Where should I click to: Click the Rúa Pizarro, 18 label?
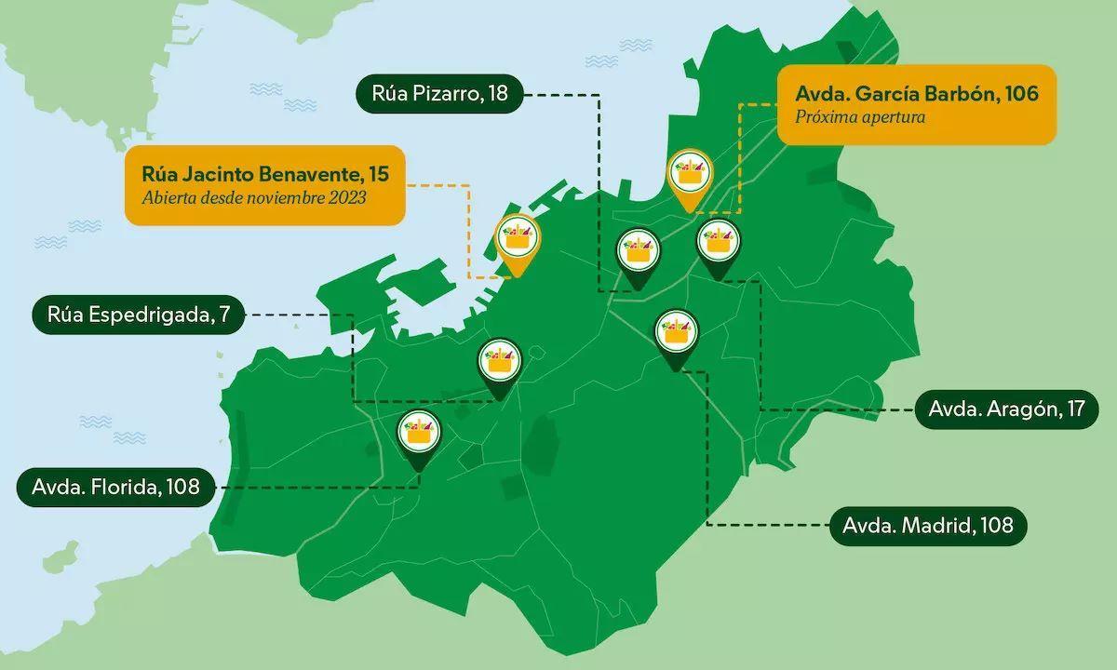438,94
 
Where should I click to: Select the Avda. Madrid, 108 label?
927,525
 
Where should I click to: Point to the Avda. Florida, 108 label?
115,486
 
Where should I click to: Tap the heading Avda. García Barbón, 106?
916,94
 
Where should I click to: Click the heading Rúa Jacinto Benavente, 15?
264,173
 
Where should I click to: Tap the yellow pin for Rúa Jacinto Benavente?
518,242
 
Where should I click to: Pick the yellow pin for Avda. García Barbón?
690,174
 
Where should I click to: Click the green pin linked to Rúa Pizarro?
639,253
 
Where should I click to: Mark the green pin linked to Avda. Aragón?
718,246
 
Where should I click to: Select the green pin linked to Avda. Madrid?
676,336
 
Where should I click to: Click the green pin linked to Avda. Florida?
419,435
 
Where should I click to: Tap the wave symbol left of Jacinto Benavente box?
86,226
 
